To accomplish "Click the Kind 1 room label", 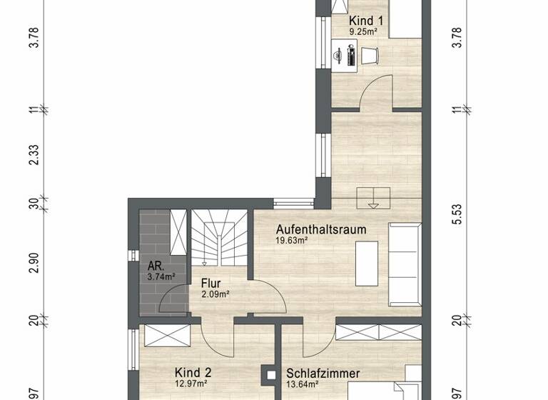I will coord(366,21).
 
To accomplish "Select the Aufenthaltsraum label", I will coord(322,229).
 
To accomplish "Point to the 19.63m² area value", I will coord(292,241).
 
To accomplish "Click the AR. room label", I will coord(148,264).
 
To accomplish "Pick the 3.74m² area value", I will coord(151,276).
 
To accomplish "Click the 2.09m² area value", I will coord(215,294).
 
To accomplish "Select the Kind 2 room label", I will coord(193,372).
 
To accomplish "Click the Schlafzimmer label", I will coord(323,373).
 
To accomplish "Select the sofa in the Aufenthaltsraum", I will coord(405,262).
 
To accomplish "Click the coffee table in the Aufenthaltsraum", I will coord(367,261).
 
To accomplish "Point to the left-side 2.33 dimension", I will coord(34,154).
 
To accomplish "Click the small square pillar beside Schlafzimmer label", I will coord(270,373).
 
